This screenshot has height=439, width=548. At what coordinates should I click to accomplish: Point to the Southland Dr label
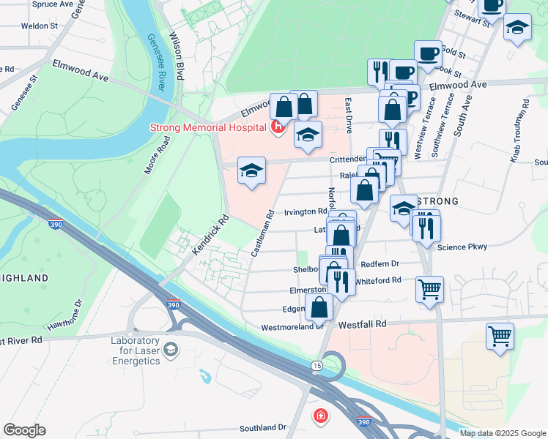tap(262, 427)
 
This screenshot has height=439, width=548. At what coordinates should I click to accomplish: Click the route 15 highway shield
tap(316, 364)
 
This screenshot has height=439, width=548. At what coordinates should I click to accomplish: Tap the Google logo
tap(24, 431)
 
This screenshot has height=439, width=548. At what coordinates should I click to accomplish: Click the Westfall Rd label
tap(362, 323)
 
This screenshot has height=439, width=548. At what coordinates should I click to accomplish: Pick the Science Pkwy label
tap(462, 247)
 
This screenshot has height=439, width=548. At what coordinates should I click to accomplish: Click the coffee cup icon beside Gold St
tap(428, 53)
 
